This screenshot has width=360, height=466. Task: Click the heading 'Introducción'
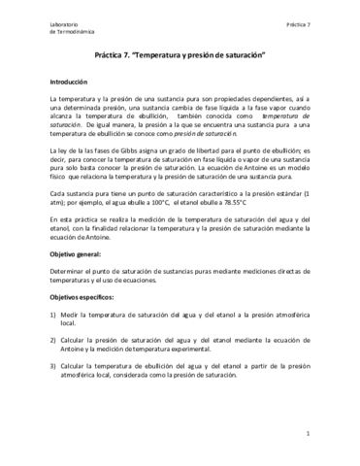pos(69,83)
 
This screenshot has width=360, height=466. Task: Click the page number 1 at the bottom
pos(307,434)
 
